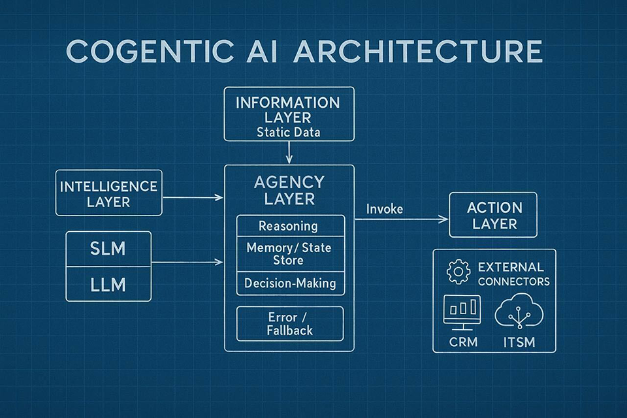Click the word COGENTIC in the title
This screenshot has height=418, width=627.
pos(148,52)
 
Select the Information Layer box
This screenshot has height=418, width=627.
pos(289,114)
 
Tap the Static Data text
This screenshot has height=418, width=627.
pos(289,133)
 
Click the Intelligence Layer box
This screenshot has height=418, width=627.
pos(108,193)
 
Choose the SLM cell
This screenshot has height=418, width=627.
pos(108,249)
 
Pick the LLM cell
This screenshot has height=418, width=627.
pos(108,285)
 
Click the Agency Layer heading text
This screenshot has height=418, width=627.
pos(289,190)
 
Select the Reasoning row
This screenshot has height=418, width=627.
pos(289,226)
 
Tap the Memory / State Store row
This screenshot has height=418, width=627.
pos(289,254)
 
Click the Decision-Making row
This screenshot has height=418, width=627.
pos(289,283)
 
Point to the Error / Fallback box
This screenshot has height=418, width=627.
pos(289,323)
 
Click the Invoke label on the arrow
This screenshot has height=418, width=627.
pos(384,209)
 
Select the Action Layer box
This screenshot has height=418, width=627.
pos(493,216)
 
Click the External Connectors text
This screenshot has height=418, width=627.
pos(513,274)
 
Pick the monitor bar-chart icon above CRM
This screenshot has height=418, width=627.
pos(462,311)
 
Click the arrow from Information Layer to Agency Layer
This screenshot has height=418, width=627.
pos(289,153)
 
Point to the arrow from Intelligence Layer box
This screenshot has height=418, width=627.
pos(193,197)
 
